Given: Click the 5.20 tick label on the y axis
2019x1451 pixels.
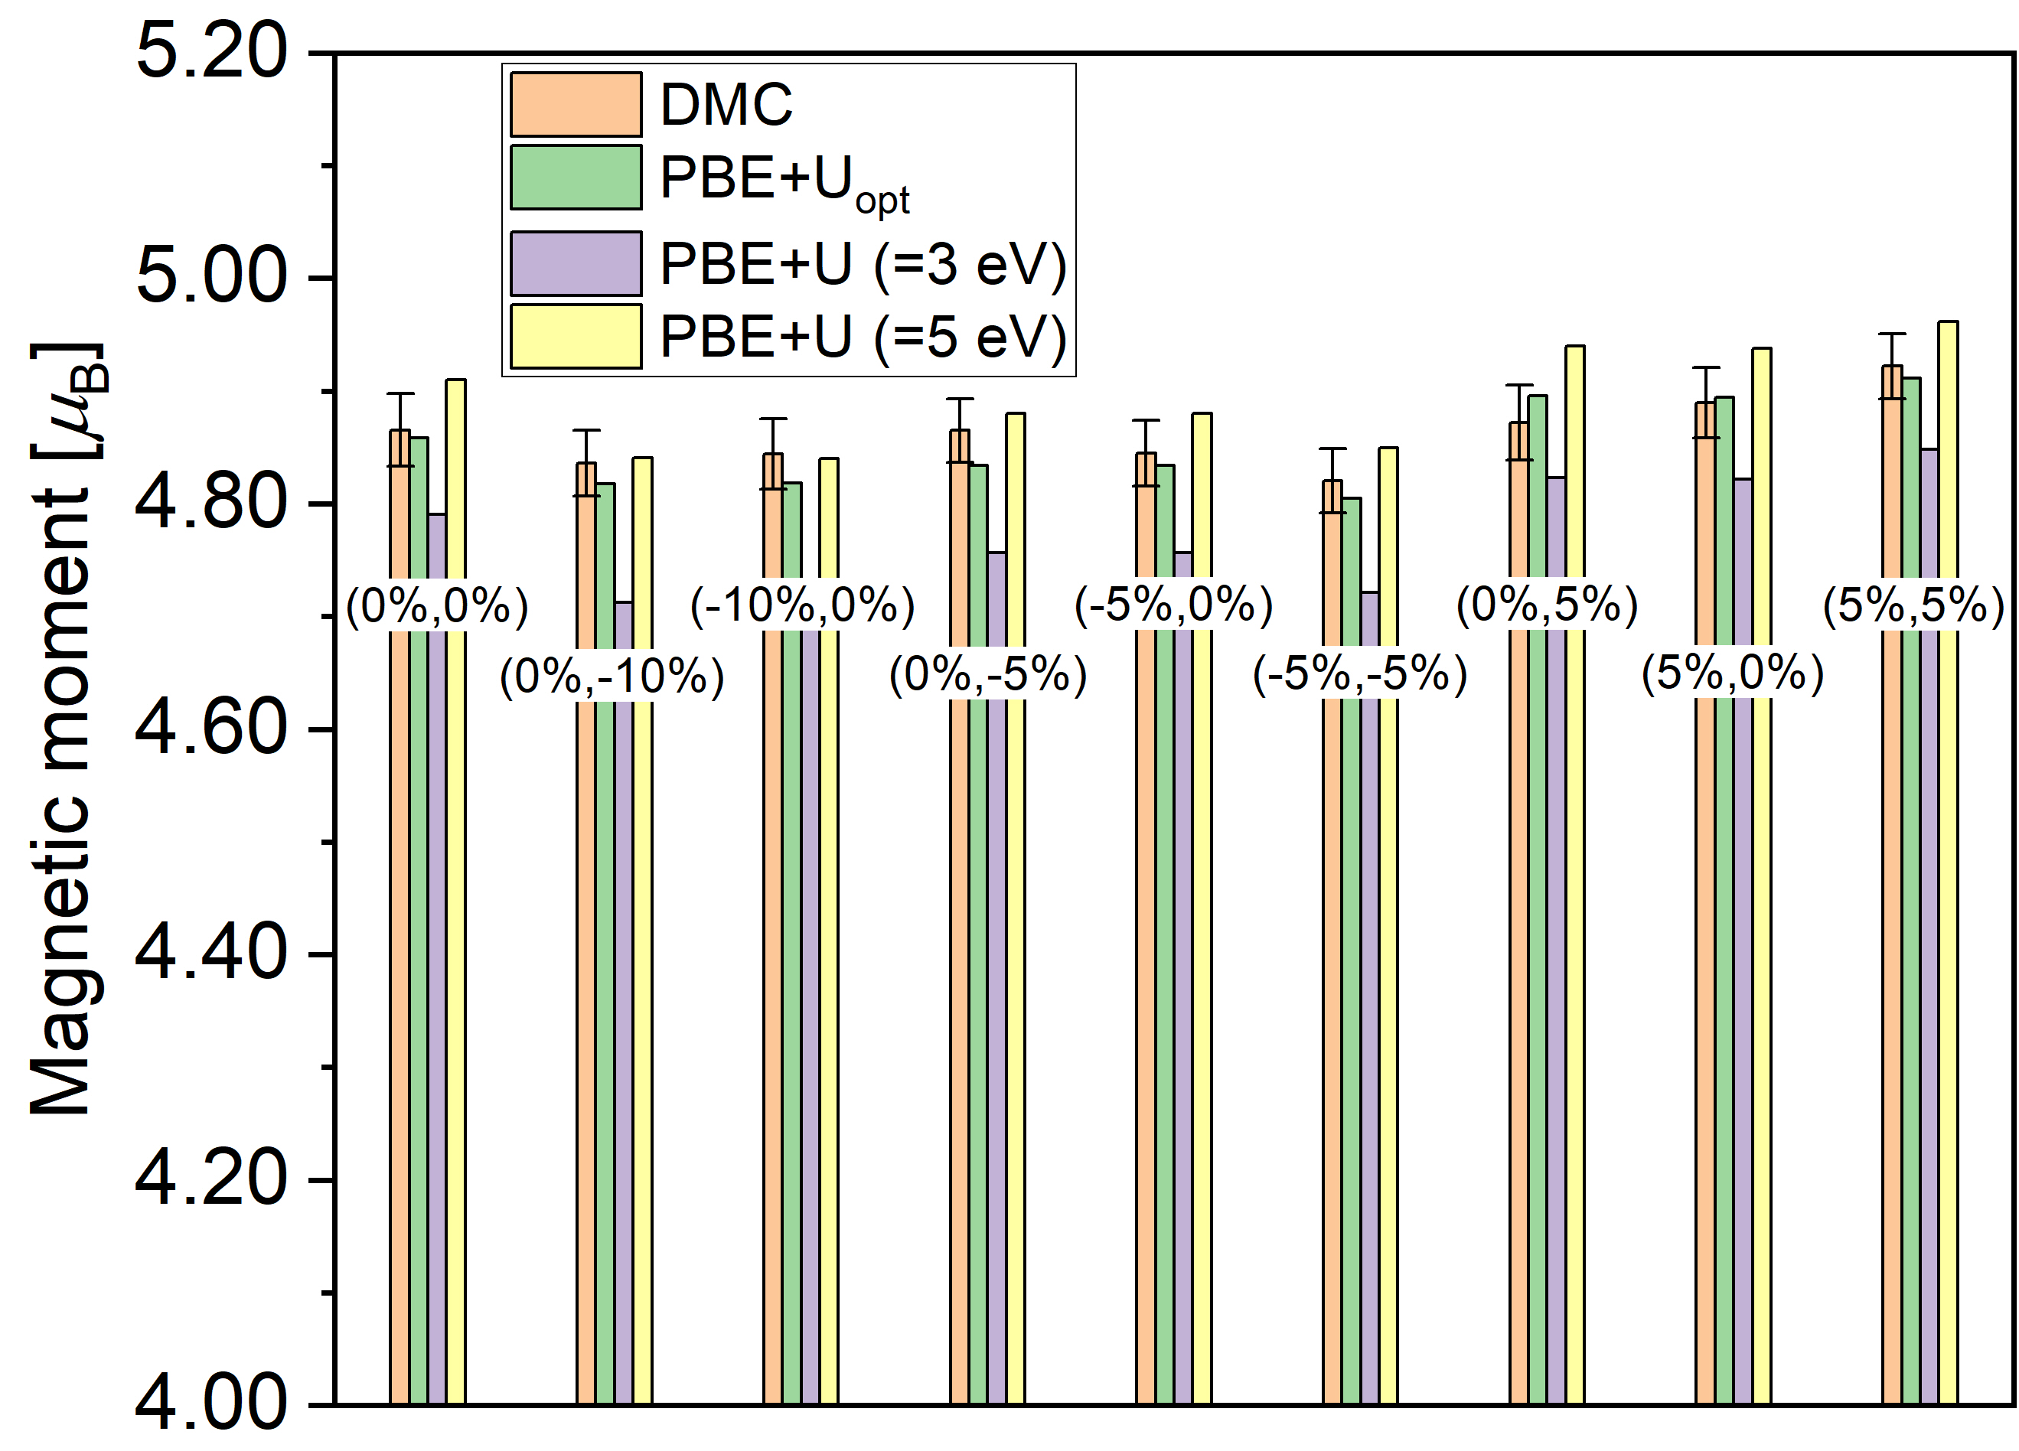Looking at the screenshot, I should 212,51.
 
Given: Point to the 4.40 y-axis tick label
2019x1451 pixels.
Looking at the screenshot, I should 212,954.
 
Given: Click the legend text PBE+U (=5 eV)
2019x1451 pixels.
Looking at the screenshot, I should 862,337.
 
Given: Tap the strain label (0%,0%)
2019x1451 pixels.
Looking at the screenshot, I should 437,606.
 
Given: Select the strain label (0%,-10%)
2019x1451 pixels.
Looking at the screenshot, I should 612,677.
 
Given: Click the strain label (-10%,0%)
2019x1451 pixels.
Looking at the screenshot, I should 802,606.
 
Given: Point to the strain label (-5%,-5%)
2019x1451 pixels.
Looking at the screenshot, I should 1359,674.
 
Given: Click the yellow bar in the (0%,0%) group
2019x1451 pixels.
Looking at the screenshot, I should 456,890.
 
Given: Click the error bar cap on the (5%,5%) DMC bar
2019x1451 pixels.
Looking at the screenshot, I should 1892,334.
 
